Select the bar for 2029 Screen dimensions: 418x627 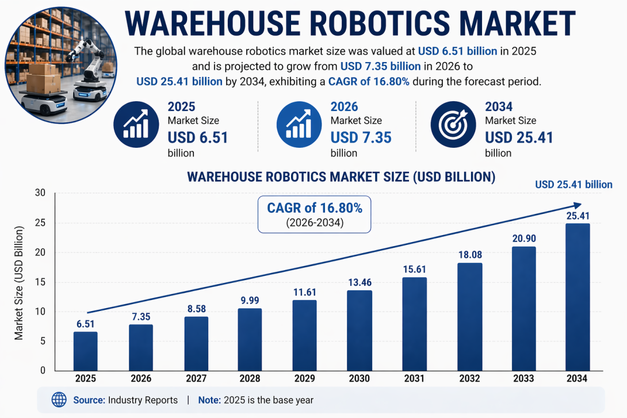tap(304, 335)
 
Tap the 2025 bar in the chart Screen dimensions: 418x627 tap(85, 351)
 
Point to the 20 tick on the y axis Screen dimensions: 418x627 tap(39, 252)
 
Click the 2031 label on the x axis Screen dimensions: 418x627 tap(414, 379)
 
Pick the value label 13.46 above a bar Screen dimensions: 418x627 tap(359, 282)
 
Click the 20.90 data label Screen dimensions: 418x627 tap(523, 238)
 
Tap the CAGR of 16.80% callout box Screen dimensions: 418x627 tap(314, 214)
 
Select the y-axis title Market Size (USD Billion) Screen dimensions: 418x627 tap(19, 283)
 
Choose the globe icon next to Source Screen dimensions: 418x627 tap(59, 400)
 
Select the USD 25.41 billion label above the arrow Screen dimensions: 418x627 tap(574, 185)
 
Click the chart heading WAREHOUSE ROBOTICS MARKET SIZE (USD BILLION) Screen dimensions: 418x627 tap(342, 177)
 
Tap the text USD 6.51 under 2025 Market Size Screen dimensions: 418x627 tap(198, 138)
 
